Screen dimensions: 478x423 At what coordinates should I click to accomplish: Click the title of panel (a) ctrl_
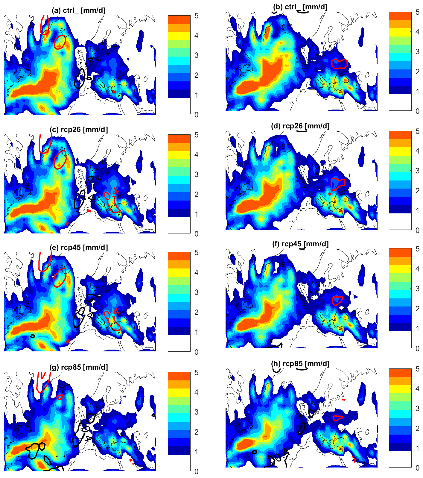pyautogui.click(x=78, y=10)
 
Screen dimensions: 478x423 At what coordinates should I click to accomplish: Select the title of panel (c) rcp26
pyautogui.click(x=78, y=130)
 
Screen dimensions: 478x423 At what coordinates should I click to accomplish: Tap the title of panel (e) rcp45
pyautogui.click(x=78, y=248)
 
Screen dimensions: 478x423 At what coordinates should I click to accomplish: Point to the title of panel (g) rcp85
pyautogui.click(x=78, y=367)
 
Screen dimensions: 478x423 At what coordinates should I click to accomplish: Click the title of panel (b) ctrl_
pyautogui.click(x=300, y=7)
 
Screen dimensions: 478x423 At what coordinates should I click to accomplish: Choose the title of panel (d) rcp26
pyautogui.click(x=300, y=126)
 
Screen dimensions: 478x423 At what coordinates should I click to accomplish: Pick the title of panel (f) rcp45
pyautogui.click(x=300, y=244)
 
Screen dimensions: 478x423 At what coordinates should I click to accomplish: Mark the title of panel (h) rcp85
pyautogui.click(x=300, y=364)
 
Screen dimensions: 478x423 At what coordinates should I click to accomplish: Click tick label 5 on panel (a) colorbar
pyautogui.click(x=196, y=16)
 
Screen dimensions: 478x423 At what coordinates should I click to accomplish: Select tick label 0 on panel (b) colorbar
pyautogui.click(x=418, y=111)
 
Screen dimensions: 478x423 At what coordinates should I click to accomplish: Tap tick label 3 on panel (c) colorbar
pyautogui.click(x=196, y=174)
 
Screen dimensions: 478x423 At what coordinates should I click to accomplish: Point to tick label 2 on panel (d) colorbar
pyautogui.click(x=418, y=191)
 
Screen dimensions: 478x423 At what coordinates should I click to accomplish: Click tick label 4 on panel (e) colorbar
pyautogui.click(x=196, y=272)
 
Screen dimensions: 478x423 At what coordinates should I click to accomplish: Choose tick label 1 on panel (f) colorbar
pyautogui.click(x=418, y=328)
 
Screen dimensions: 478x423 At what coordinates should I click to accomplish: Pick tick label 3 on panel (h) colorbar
pyautogui.click(x=418, y=408)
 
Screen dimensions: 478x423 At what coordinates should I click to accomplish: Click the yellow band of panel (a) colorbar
pyautogui.click(x=179, y=36)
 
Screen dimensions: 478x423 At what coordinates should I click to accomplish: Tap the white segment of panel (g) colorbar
pyautogui.click(x=179, y=463)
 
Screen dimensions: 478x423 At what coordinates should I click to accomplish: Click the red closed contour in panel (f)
pyautogui.click(x=338, y=301)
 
